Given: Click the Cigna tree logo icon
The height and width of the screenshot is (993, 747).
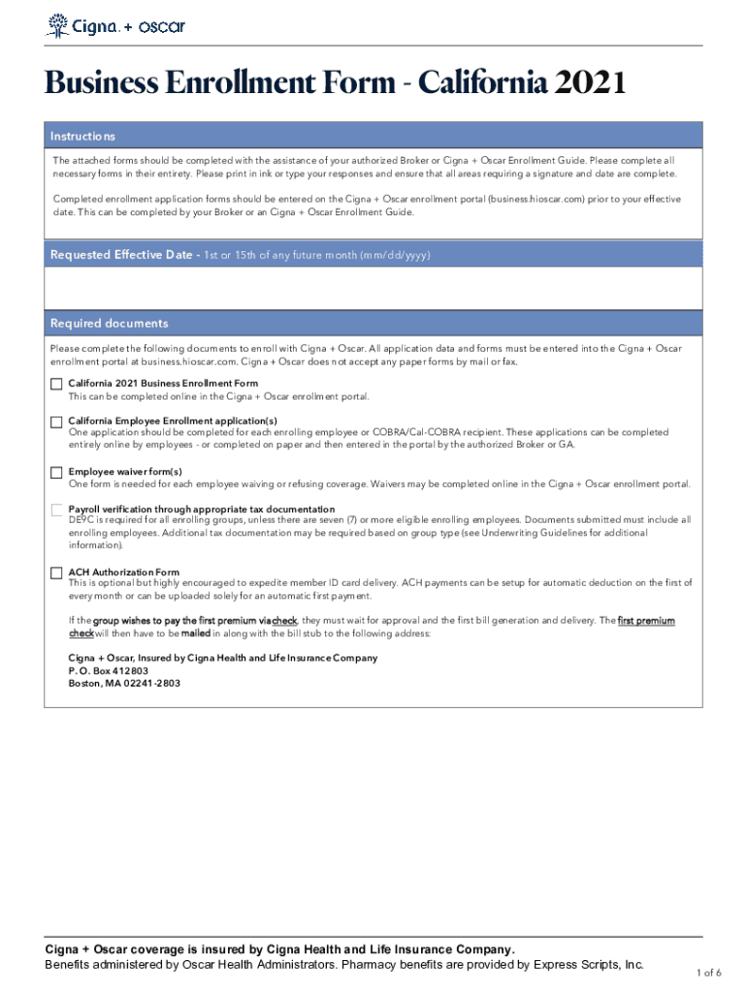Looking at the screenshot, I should [x=58, y=25].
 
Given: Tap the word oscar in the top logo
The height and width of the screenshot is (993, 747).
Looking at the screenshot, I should [x=161, y=26].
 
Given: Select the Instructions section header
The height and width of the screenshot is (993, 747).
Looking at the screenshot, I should [x=83, y=137].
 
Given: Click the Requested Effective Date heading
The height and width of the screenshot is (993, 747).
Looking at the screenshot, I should [x=122, y=255].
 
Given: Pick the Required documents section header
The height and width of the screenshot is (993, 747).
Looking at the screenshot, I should [x=109, y=323].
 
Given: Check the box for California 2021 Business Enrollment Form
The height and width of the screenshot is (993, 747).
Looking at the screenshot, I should [x=56, y=384].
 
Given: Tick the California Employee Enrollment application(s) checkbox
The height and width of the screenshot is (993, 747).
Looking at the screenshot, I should [x=56, y=421].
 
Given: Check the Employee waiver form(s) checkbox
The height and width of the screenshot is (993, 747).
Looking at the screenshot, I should [x=56, y=472].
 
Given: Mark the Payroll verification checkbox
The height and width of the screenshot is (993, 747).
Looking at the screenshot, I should [x=56, y=510].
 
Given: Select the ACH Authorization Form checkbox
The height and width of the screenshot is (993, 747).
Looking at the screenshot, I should [x=56, y=572].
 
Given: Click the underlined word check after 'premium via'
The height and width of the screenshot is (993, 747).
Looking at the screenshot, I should [x=285, y=621].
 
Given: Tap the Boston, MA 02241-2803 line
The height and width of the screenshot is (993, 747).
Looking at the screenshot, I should [x=123, y=683].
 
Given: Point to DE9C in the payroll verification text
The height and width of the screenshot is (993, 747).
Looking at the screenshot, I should [x=80, y=521].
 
